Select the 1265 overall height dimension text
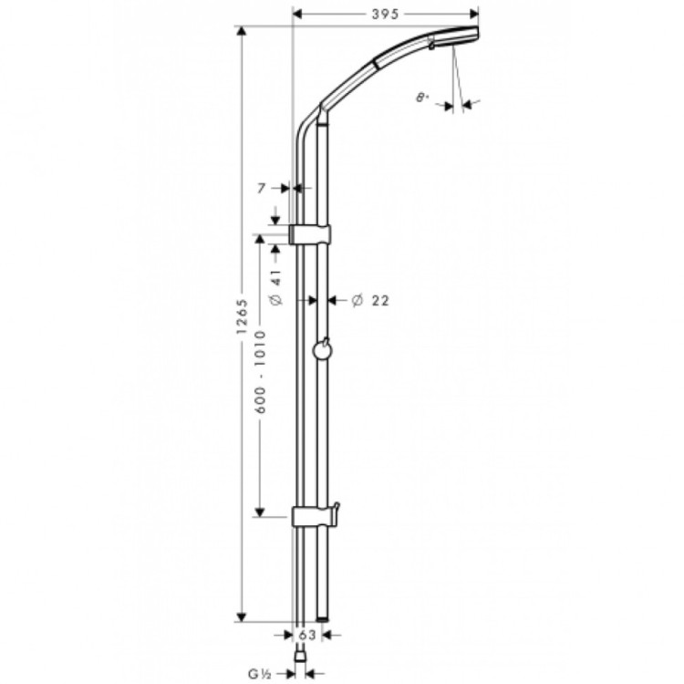click(243, 322)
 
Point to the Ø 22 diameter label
click(369, 300)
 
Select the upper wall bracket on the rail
click(310, 234)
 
